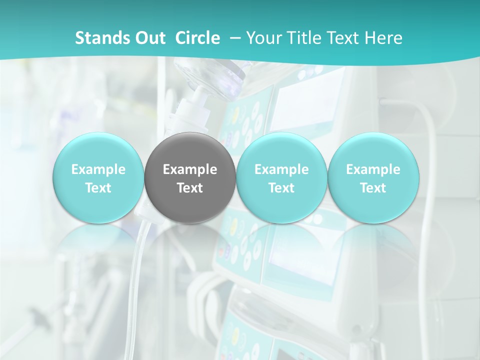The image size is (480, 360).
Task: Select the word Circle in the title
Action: [197, 38]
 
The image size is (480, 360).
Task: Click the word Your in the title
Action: [262, 38]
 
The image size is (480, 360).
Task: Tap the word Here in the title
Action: [384, 38]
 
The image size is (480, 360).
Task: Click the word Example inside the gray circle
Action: [190, 169]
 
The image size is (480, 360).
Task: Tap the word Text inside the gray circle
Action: [190, 188]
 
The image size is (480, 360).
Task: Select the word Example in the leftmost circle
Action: [98, 169]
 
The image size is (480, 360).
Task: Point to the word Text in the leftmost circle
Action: [98, 188]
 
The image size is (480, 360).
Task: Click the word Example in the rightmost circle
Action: [373, 169]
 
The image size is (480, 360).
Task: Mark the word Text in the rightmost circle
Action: [373, 188]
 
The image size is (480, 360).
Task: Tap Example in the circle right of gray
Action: [281, 169]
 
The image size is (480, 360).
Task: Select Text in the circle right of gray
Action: [281, 188]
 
